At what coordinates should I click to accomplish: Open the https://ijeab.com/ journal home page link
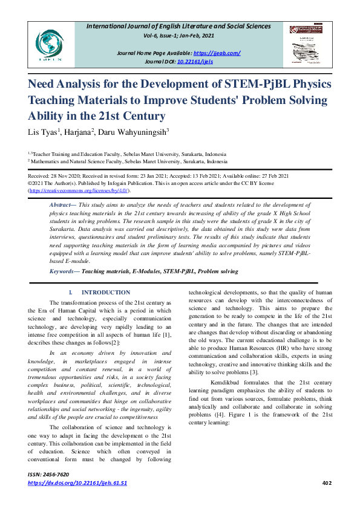pyautogui.click(x=218, y=53)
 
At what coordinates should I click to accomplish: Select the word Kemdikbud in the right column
pyautogui.click(x=225, y=382)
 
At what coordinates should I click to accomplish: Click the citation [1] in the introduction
pyautogui.click(x=166, y=335)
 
